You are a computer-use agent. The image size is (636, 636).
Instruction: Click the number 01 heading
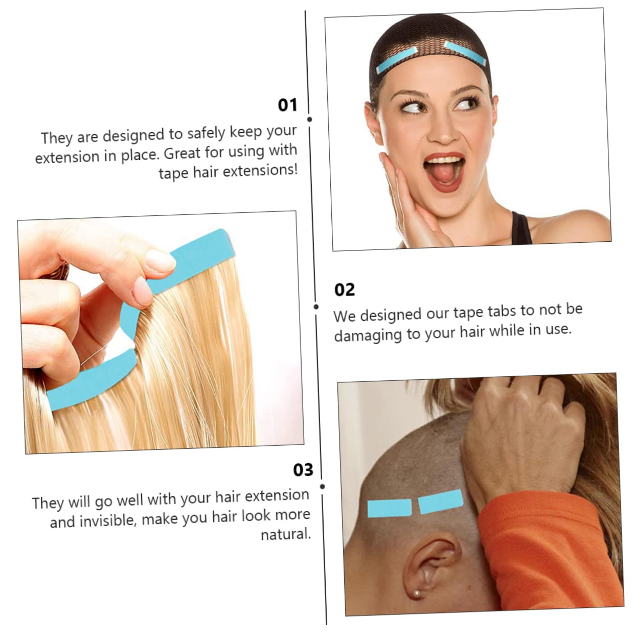(x=287, y=105)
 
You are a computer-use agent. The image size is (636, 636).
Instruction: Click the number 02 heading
(x=344, y=290)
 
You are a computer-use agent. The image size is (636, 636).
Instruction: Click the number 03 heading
(x=303, y=470)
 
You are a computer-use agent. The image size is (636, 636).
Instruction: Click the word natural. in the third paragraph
(x=285, y=535)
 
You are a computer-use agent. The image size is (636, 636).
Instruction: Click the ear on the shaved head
(x=428, y=565)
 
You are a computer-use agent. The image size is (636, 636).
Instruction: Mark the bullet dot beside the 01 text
(x=309, y=119)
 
